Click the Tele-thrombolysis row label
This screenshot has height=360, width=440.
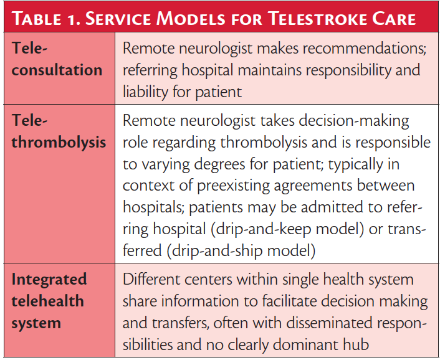click(x=59, y=133)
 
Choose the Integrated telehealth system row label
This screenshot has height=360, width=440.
click(x=49, y=301)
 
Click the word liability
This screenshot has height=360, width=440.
click(x=149, y=93)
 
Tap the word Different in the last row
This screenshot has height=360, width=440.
click(x=153, y=280)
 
